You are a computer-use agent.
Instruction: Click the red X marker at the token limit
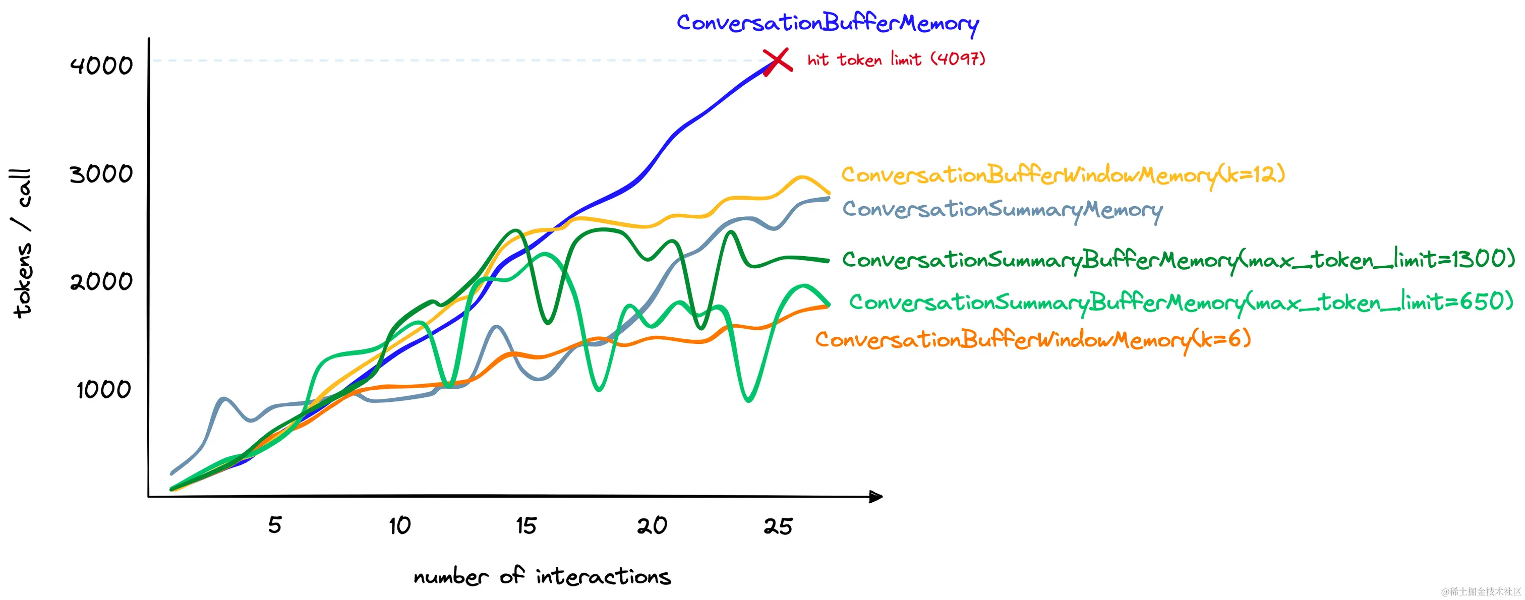pos(777,61)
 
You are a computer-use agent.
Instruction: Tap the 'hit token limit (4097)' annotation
pos(896,59)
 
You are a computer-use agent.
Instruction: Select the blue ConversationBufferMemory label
pos(827,24)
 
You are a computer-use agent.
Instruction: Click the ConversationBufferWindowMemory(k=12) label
pos(1063,175)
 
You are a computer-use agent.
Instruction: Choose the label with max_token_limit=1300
pos(1178,260)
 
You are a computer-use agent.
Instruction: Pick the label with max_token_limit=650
pos(1181,303)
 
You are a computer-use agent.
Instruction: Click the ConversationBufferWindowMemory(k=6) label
pos(1032,340)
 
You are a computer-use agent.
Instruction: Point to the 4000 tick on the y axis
pos(101,65)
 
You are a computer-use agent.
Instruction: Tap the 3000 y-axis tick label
pos(101,174)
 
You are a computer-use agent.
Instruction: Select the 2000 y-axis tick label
pos(101,282)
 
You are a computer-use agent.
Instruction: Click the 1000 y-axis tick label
pos(103,390)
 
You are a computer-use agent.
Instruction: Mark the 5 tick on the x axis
pos(275,525)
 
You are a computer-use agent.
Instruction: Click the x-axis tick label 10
pos(399,525)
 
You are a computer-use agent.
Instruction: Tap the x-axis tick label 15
pos(525,525)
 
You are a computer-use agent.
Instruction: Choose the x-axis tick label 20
pos(652,525)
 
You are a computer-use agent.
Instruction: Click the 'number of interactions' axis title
pos(542,576)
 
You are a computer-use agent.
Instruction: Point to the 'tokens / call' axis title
pos(21,243)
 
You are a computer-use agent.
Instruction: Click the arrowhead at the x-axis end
pos(876,497)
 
